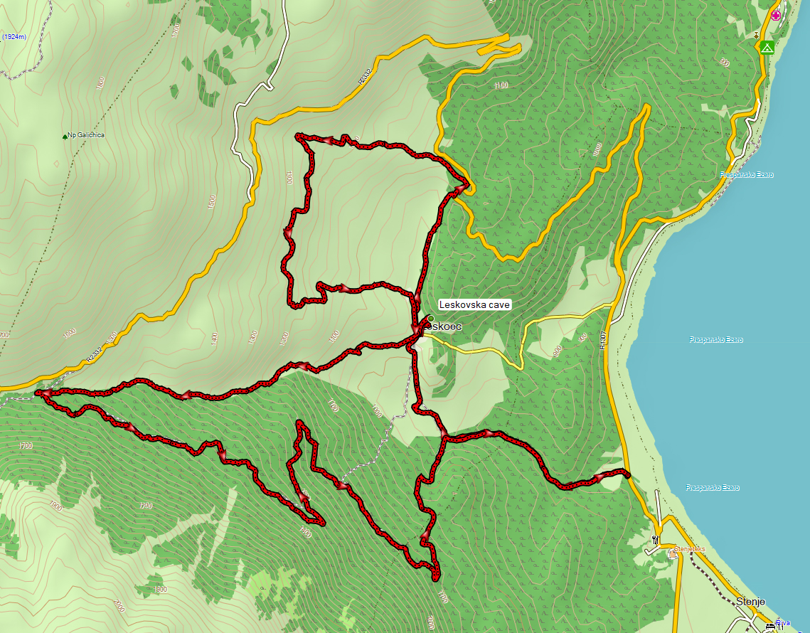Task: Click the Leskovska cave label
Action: (474, 304)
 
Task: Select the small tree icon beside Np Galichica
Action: (65, 136)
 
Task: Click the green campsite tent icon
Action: (766, 48)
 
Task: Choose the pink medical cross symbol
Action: (775, 16)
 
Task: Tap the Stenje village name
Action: (750, 601)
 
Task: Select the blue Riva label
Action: (783, 622)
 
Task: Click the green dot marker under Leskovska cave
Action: (430, 319)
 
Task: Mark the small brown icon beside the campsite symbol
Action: (757, 34)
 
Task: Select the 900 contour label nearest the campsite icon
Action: (725, 63)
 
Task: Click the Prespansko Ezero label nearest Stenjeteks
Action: (713, 488)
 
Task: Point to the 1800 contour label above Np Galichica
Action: (100, 83)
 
